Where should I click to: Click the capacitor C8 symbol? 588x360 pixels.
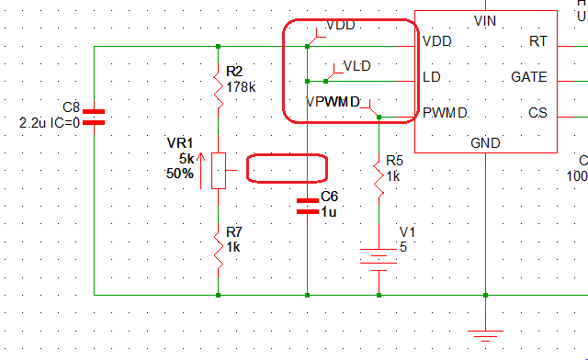click(95, 117)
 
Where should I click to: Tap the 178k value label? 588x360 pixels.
click(241, 87)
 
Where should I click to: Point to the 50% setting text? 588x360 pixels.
click(179, 173)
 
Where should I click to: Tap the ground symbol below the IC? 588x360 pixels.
click(485, 335)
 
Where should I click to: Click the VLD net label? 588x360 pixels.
click(356, 65)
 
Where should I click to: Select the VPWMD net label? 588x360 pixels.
click(333, 101)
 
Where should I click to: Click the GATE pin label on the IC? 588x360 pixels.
click(529, 77)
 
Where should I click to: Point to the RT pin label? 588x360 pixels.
click(538, 41)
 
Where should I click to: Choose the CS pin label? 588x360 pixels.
click(537, 113)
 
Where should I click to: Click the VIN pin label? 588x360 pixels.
click(485, 19)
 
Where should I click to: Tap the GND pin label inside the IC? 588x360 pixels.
click(485, 142)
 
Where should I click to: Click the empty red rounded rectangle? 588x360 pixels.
click(287, 168)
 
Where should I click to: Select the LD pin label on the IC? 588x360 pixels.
click(431, 77)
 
